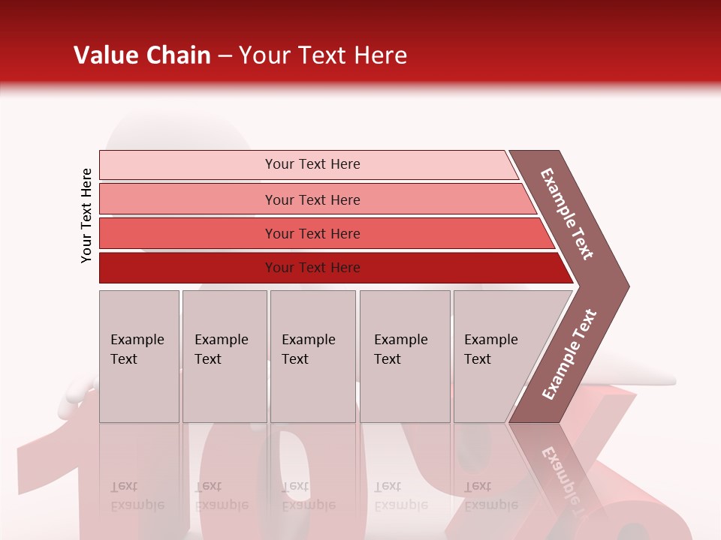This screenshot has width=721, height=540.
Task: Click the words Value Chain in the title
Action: (x=142, y=55)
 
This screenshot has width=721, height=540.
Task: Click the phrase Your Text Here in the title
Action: (x=323, y=55)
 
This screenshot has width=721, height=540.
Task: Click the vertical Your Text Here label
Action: (x=86, y=215)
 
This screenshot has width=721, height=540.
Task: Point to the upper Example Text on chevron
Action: (x=567, y=214)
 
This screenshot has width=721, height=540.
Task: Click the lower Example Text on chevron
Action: (x=569, y=354)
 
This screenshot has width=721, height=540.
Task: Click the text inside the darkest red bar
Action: (x=312, y=268)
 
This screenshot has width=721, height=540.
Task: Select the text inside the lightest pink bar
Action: (x=312, y=164)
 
